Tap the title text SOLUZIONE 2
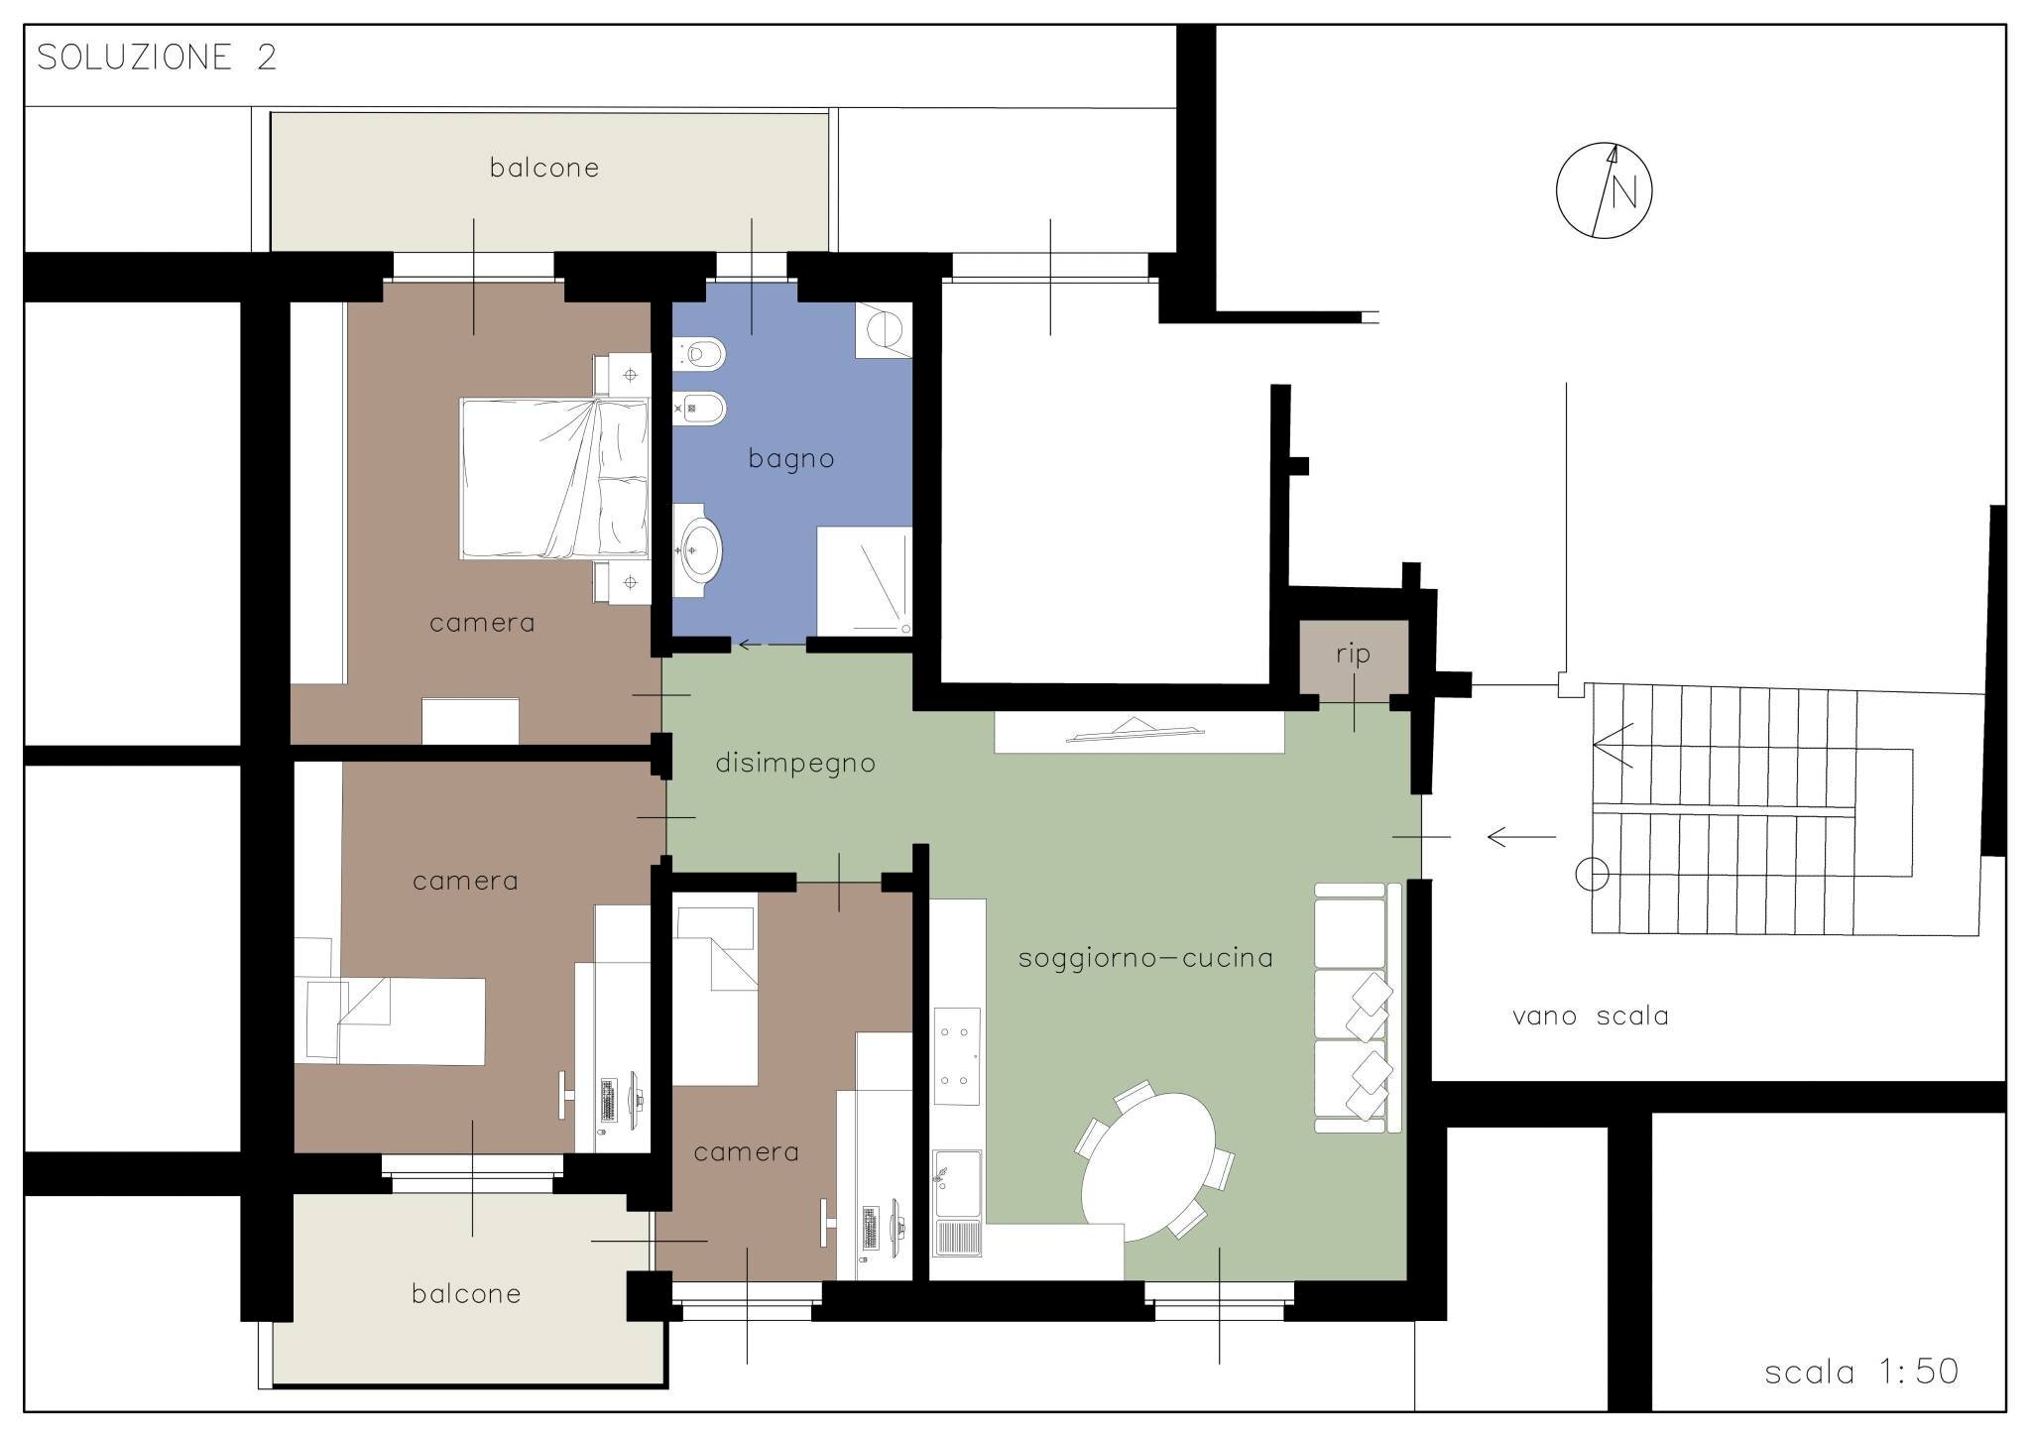157,58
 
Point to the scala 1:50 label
1861,1372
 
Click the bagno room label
791,459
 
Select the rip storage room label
1353,655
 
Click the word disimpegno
795,764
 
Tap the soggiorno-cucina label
1145,958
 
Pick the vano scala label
1590,1017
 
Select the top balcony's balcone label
544,168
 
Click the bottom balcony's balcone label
466,1294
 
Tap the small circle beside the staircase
1592,875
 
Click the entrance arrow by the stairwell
1521,837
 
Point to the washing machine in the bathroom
883,329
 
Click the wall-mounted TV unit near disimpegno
1138,732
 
